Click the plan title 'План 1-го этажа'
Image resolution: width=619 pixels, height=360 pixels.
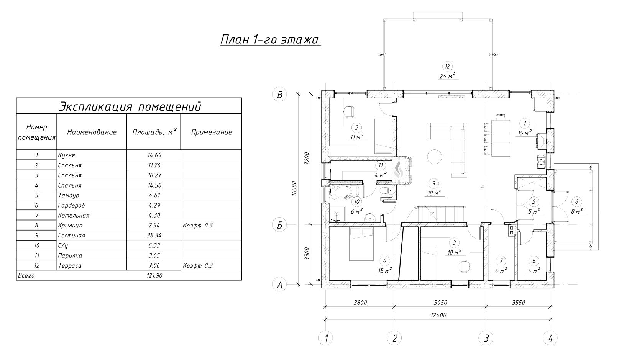[x=271, y=40]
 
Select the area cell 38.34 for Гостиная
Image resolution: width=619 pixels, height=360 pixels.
[x=154, y=236]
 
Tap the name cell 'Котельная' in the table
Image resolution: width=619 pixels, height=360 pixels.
[x=74, y=215]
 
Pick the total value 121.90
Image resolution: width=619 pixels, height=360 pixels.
[x=154, y=275]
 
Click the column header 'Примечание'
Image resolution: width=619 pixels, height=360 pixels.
[x=212, y=132]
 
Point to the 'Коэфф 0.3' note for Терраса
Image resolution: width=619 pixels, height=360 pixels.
[x=198, y=265]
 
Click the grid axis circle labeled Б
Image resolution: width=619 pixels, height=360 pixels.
[x=279, y=225]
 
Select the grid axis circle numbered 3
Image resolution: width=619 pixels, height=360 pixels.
[x=486, y=338]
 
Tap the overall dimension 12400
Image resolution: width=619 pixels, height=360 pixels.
[x=438, y=315]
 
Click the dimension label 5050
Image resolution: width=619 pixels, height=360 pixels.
[x=440, y=303]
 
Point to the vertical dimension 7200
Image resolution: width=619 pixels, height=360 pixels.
[x=307, y=158]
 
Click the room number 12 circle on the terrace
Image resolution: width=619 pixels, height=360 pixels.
[x=447, y=66]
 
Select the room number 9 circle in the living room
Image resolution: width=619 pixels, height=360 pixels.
[x=434, y=183]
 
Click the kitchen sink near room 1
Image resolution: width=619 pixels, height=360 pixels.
[x=541, y=162]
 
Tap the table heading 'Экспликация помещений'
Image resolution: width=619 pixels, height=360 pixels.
[x=129, y=106]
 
